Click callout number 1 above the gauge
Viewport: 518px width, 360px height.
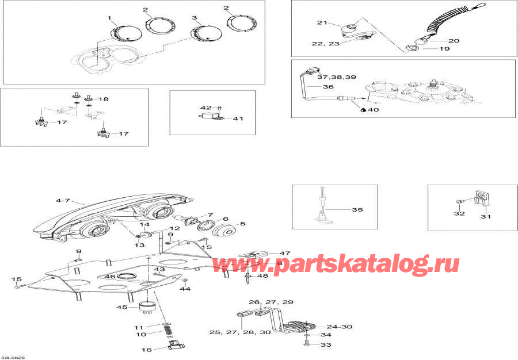click(109, 18)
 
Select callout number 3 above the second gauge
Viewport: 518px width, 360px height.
click(195, 18)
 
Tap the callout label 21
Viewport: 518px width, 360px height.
click(321, 22)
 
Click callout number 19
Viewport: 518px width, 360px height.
click(444, 49)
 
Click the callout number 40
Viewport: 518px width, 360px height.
click(373, 109)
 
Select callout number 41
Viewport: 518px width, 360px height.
click(238, 119)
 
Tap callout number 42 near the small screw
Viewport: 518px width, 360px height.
click(205, 108)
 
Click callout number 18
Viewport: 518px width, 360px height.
click(104, 99)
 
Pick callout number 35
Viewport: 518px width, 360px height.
click(357, 210)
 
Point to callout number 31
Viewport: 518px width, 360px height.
click(486, 216)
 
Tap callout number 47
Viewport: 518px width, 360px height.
click(269, 253)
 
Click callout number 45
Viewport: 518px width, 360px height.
click(121, 307)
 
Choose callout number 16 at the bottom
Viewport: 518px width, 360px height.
click(131, 350)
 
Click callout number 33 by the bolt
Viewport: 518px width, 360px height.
click(326, 345)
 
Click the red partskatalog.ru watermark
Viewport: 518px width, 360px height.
click(337, 264)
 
